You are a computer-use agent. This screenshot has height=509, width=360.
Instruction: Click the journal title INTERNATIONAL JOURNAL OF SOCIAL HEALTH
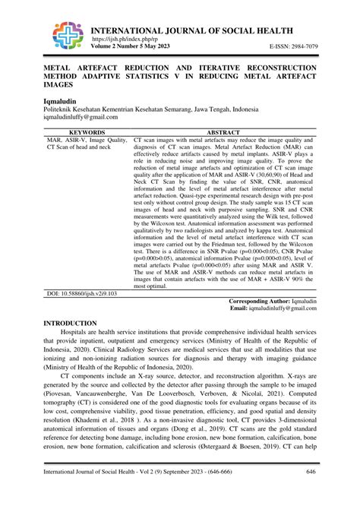(x=192, y=30)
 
